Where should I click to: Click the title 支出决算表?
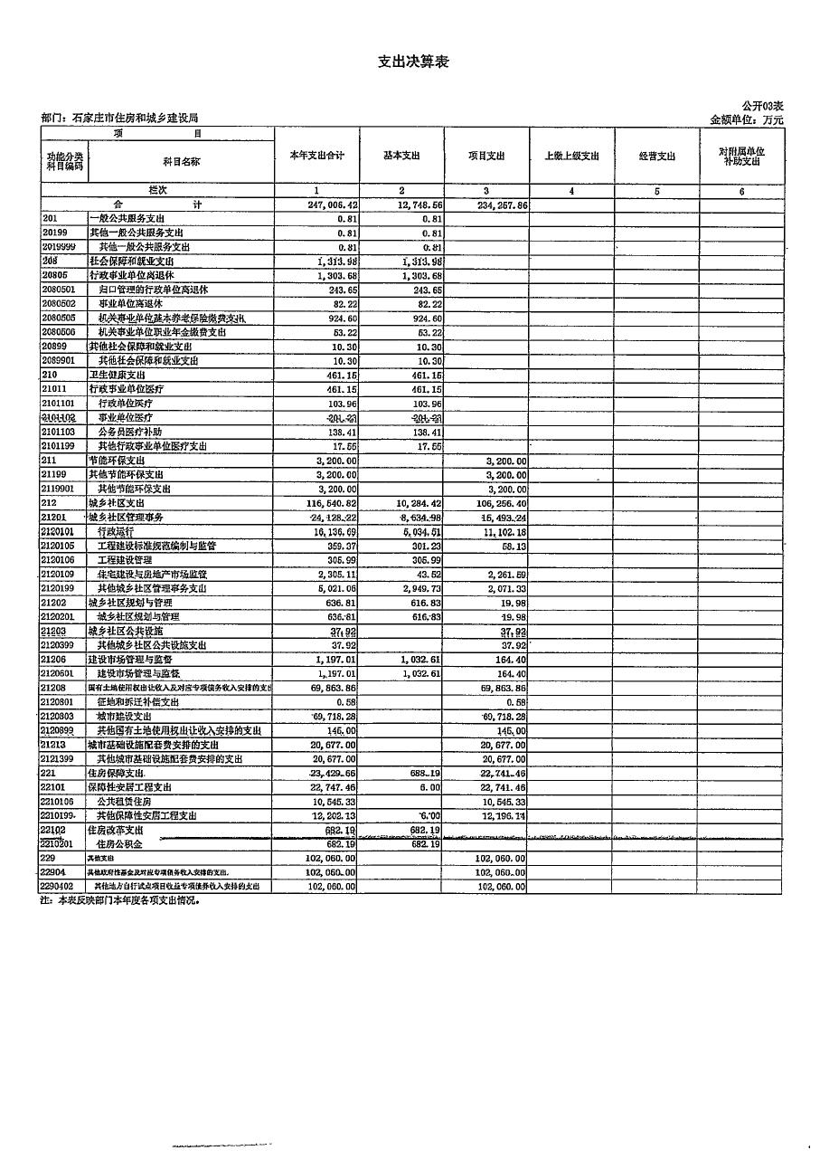412,62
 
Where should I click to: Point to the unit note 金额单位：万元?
747,119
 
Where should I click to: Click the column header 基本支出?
401,156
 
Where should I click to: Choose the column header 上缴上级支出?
571,156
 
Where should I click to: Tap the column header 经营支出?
657,156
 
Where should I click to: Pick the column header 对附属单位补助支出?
741,156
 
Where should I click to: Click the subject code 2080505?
59,319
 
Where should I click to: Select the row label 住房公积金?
124,844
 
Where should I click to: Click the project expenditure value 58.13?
513,547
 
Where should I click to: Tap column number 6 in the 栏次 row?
740,192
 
